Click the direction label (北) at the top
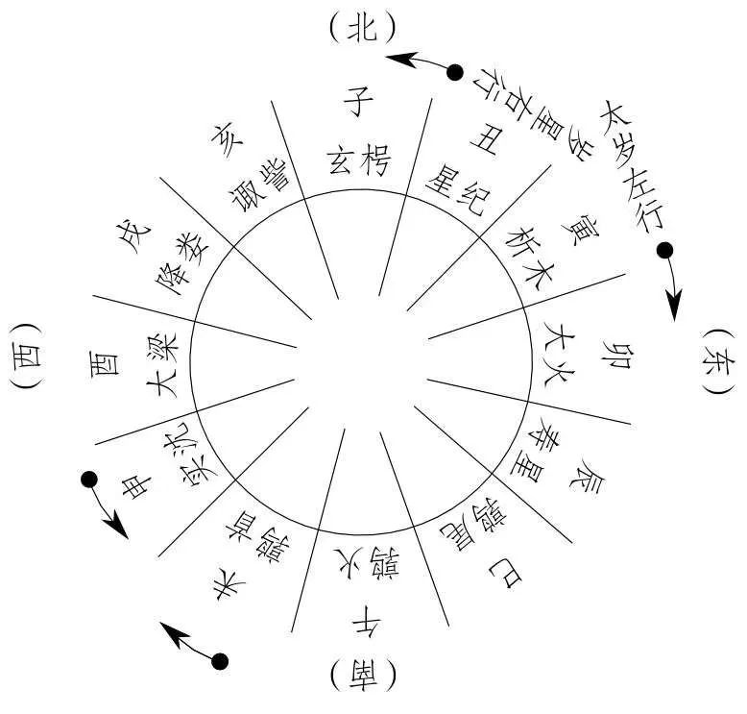[362, 28]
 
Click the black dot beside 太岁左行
[663, 252]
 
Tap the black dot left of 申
[89, 479]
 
